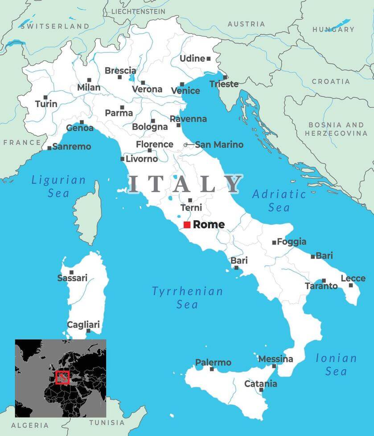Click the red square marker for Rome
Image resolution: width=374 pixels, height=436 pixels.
point(187,225)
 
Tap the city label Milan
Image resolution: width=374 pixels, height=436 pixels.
point(89,88)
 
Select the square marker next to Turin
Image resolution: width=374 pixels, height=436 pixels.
point(45,97)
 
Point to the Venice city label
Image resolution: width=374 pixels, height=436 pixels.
point(185,91)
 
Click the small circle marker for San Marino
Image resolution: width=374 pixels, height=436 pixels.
point(185,145)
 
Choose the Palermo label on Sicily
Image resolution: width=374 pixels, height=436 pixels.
point(213,363)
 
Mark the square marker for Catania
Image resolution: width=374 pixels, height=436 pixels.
point(261,390)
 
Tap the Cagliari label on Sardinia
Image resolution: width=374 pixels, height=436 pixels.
point(83,324)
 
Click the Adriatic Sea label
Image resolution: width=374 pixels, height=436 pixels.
point(279,201)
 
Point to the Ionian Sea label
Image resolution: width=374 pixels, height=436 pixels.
point(336,364)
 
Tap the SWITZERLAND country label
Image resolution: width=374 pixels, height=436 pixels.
point(55,26)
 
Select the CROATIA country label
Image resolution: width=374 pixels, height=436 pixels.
point(331,81)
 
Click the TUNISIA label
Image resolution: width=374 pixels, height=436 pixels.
point(107,422)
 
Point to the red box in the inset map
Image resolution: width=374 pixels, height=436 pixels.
point(62,377)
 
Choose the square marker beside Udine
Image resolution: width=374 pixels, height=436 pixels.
point(208,58)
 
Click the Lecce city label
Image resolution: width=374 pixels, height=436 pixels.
point(353,278)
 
